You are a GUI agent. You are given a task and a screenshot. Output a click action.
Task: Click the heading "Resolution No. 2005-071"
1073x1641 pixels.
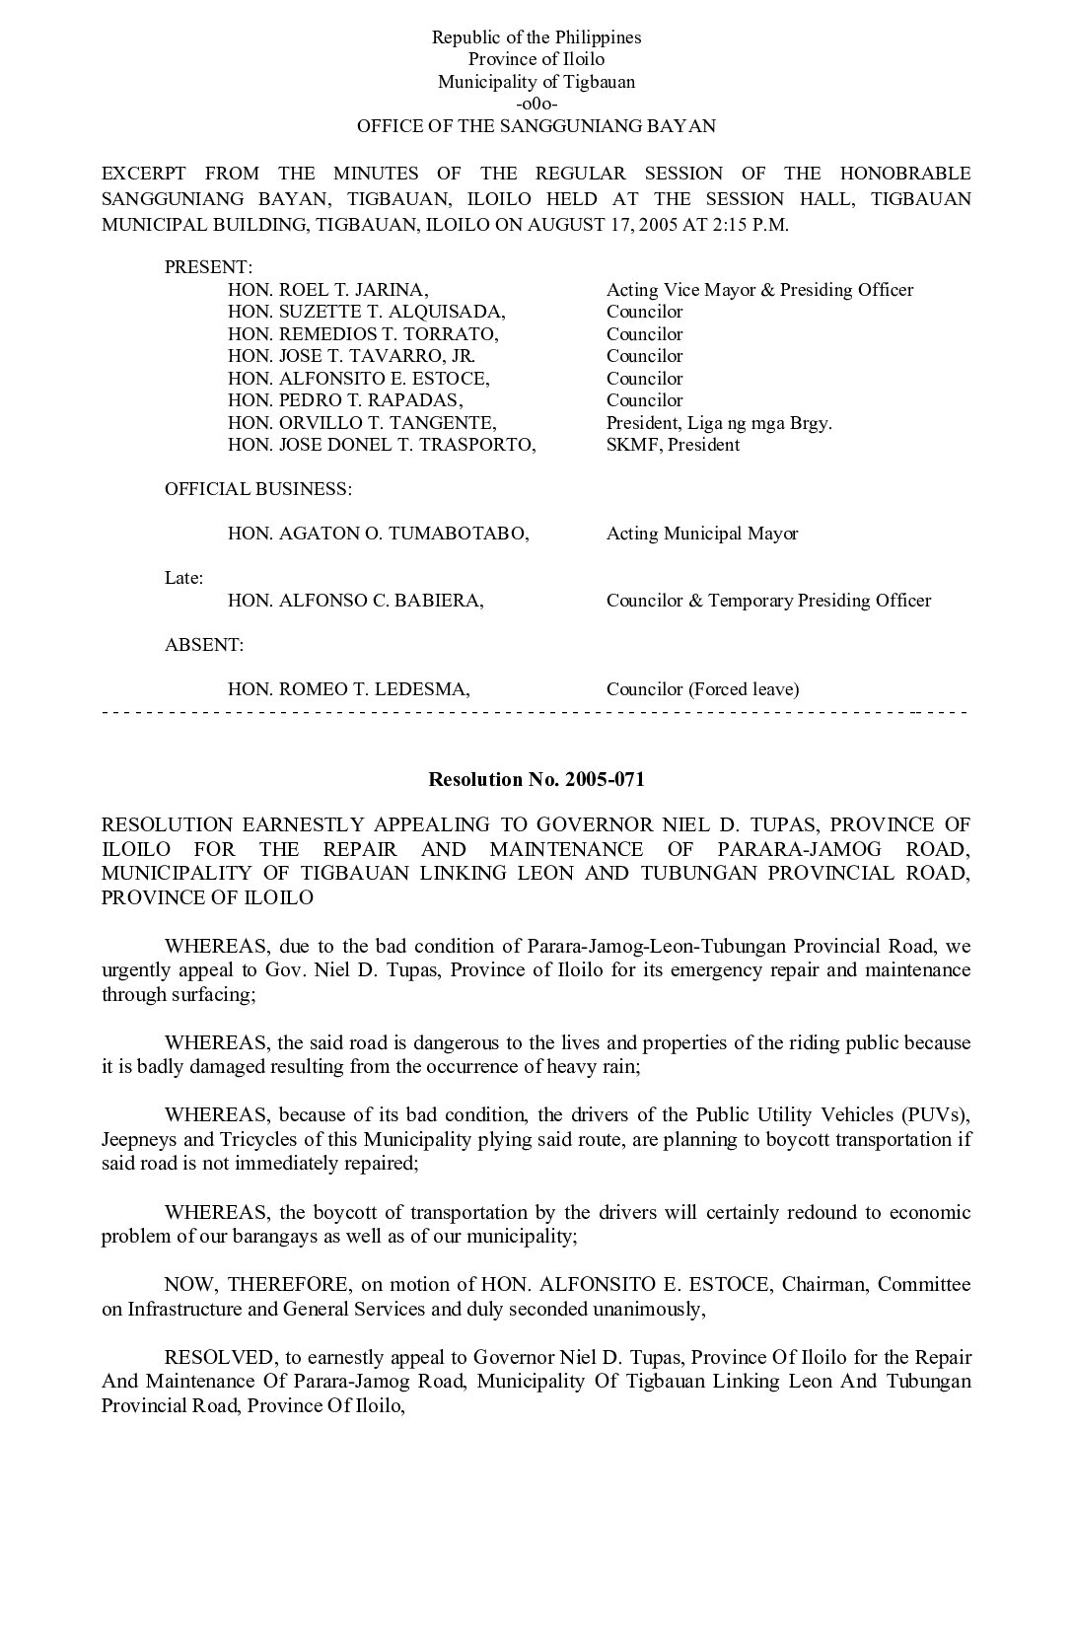coord(536,779)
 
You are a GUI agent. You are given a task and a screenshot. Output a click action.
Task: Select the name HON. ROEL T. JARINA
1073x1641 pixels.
coord(327,290)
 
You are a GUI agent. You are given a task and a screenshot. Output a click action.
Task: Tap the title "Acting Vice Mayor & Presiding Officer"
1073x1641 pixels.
coord(759,290)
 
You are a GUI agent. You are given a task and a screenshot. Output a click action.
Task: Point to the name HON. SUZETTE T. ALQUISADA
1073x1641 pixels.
coord(366,312)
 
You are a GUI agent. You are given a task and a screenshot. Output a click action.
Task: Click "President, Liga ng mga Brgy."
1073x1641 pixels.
coord(719,423)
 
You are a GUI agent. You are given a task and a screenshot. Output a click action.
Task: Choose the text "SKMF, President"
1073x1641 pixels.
coord(673,445)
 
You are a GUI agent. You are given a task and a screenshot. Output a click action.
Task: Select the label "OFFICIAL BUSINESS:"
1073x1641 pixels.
coord(258,489)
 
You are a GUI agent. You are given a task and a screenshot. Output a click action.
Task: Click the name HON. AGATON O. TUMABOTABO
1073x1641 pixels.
coord(378,534)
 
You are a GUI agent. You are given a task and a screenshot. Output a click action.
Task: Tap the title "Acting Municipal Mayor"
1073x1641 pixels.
coord(702,534)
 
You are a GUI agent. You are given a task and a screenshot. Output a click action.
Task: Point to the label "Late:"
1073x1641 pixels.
coord(183,578)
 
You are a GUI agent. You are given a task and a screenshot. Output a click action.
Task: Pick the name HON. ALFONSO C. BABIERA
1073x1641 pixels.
coord(355,601)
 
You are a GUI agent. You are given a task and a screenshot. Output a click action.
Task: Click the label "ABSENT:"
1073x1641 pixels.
coord(204,645)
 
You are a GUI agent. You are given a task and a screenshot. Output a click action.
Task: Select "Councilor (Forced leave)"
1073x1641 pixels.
coord(702,689)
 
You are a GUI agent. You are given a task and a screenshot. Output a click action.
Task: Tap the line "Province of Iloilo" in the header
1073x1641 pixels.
coord(536,59)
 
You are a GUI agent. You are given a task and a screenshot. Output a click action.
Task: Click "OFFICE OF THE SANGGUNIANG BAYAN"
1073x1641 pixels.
coord(536,126)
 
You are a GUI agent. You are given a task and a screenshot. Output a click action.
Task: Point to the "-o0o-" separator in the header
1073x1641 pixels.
coord(536,104)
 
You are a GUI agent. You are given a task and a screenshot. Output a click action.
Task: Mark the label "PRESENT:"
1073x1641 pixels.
coord(208,267)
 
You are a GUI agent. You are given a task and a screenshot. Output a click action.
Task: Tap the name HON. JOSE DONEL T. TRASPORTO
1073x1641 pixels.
coord(382,445)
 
